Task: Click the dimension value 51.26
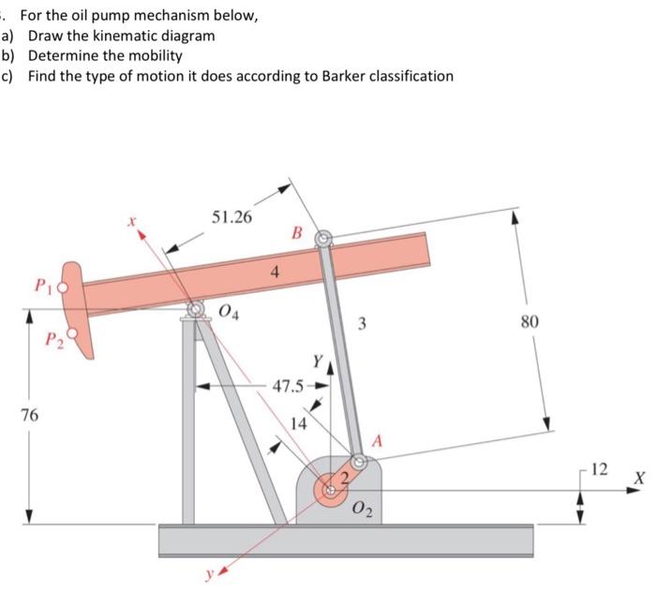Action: [x=231, y=217]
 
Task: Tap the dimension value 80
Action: [x=529, y=321]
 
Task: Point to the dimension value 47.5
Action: [x=290, y=386]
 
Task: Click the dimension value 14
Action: [x=297, y=423]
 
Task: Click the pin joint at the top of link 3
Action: [x=323, y=240]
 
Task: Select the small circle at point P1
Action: [x=65, y=288]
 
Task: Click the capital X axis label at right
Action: [x=639, y=478]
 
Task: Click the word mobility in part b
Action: [x=153, y=55]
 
